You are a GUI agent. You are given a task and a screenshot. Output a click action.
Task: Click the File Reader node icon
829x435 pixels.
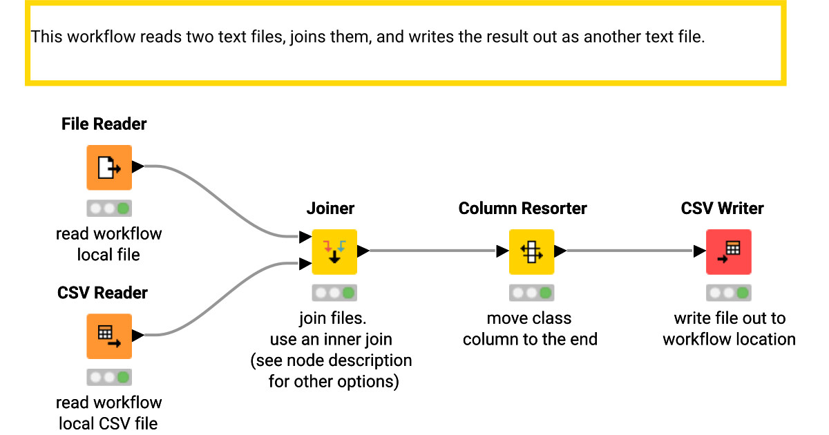[x=109, y=167]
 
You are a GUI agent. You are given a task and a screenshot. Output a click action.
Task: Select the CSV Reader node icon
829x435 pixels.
[x=109, y=336]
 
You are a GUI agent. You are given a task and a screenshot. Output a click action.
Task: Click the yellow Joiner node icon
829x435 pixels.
[x=334, y=252]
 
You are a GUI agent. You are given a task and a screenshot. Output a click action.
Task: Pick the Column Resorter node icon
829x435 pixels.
[x=531, y=252]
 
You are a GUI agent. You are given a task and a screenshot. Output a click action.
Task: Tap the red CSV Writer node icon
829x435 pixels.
[x=728, y=252]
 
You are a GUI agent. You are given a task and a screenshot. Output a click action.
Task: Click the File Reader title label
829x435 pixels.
[x=104, y=124]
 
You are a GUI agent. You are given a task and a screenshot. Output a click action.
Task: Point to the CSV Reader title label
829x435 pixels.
[x=102, y=293]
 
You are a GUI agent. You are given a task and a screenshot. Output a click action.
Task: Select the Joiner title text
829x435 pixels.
[x=330, y=209]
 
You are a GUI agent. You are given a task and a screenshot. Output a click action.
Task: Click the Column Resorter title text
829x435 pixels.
[x=522, y=209]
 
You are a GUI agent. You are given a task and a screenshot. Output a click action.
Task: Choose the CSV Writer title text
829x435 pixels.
[x=722, y=209]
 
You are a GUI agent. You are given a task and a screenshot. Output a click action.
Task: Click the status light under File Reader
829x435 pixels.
[x=109, y=209]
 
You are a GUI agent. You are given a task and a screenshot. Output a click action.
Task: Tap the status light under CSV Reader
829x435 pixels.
[x=109, y=378]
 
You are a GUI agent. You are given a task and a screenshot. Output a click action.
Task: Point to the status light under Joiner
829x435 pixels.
[x=334, y=293]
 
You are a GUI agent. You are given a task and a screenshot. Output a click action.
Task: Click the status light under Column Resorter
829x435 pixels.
[x=531, y=293]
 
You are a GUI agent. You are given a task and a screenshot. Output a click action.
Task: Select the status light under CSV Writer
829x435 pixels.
[x=728, y=293]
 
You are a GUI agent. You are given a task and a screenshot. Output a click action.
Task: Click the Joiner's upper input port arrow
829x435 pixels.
[x=305, y=238]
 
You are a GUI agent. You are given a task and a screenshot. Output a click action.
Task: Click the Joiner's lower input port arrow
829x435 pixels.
[x=305, y=263]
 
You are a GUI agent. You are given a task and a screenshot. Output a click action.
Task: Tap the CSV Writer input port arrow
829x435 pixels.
[x=699, y=251]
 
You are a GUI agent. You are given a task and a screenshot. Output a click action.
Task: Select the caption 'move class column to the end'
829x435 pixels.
[x=530, y=329]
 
